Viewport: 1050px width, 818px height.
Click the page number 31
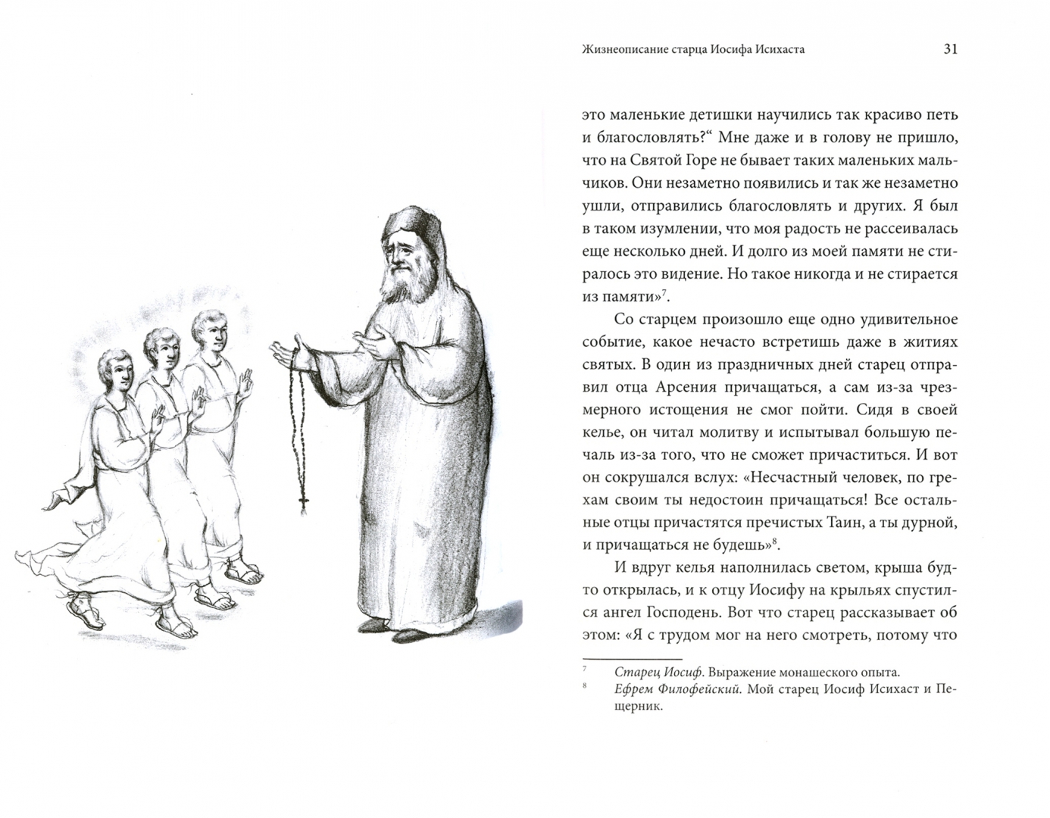pyautogui.click(x=951, y=49)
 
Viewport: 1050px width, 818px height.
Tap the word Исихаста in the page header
pyautogui.click(x=775, y=50)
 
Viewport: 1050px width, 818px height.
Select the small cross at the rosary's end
pyautogui.click(x=304, y=502)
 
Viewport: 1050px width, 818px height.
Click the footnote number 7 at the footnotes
pyautogui.click(x=585, y=670)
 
